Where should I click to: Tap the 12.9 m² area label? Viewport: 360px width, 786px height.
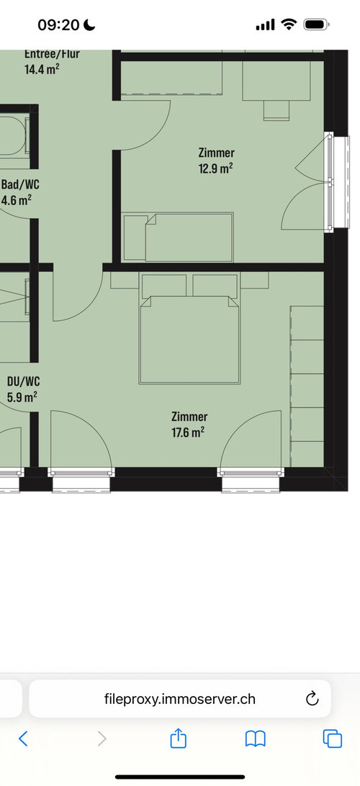pos(215,168)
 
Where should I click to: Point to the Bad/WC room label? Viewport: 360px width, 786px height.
pos(21,184)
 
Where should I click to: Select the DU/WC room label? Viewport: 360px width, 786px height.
pos(24,381)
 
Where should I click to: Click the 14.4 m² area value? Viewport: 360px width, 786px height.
pos(42,69)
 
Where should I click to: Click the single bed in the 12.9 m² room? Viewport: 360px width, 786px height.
pos(178,238)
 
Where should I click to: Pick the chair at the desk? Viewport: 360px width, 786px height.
pos(276,110)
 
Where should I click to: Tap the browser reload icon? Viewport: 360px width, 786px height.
pos(312,698)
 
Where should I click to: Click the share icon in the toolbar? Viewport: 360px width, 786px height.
pos(178,738)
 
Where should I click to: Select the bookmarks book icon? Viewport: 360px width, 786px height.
pos(255,739)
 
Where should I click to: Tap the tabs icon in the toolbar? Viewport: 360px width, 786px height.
pos(333,738)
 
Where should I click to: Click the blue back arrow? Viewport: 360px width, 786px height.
pos(23,738)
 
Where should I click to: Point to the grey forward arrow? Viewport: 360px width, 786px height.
pos(102,738)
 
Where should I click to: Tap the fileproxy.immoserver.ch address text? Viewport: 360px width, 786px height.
pos(180,699)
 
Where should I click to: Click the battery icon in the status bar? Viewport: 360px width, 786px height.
pos(316,24)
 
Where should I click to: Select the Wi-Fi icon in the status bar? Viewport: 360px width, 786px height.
pos(289,24)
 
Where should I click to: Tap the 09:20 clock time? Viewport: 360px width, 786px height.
pos(58,24)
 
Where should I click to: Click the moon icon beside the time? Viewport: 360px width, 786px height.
pos(89,24)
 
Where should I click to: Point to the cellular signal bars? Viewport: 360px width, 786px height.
pos(265,24)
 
